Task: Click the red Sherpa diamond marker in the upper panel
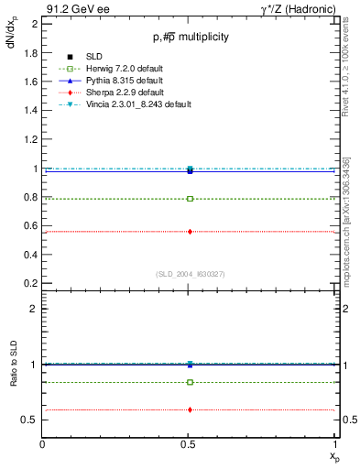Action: click(x=190, y=232)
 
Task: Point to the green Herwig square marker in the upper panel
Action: click(x=190, y=198)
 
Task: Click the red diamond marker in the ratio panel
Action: click(x=190, y=409)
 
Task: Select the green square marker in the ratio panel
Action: click(x=190, y=382)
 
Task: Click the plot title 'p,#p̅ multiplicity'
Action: click(x=190, y=37)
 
